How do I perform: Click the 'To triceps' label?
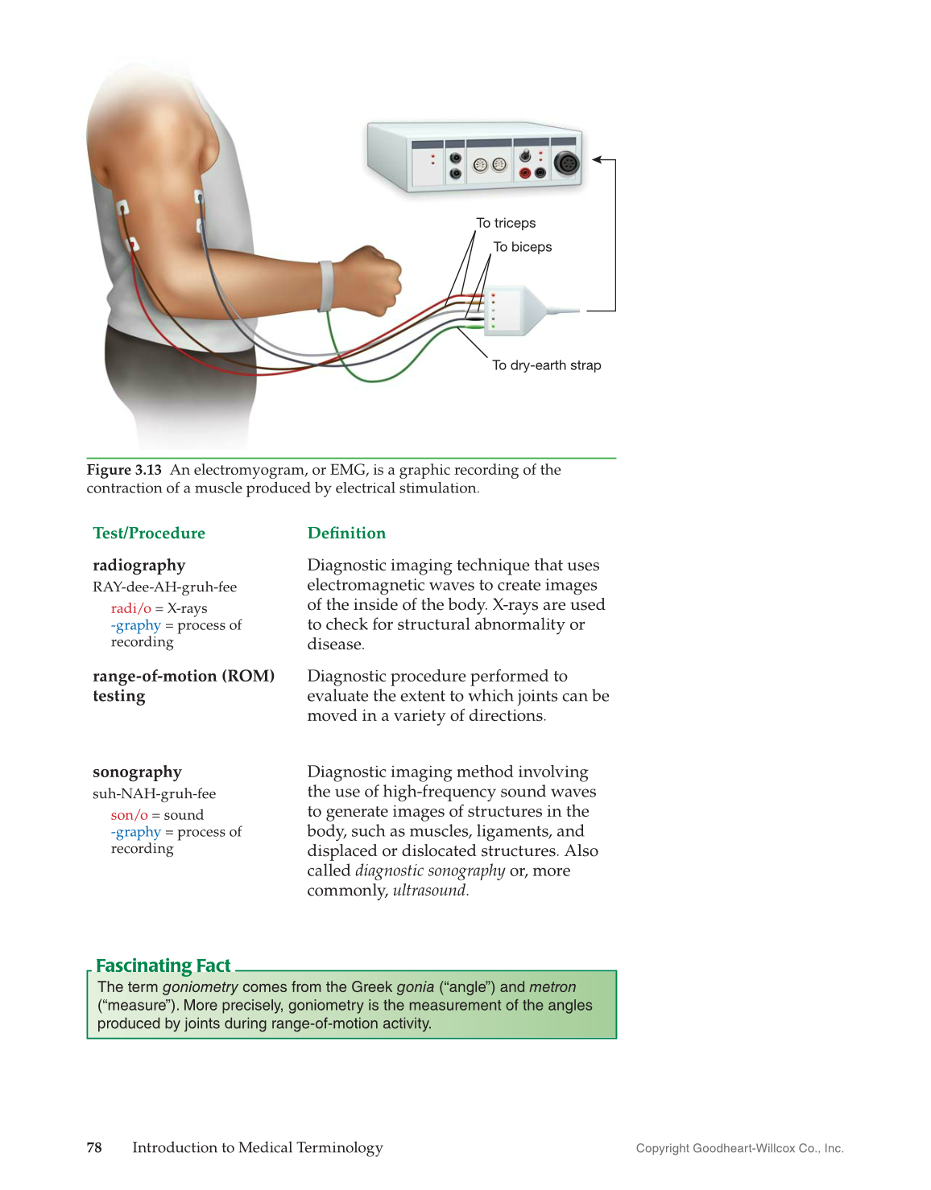(506, 223)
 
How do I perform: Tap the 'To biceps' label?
(522, 247)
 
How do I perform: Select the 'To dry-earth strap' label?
(546, 365)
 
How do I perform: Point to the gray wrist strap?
(326, 286)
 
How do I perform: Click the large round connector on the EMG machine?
(566, 163)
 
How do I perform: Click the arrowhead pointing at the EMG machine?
(598, 159)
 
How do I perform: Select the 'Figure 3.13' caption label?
(124, 470)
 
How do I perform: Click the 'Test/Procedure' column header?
(149, 533)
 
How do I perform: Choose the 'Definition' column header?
(346, 533)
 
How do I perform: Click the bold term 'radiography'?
(139, 565)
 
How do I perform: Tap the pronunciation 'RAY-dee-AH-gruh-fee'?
(164, 587)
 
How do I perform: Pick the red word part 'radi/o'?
(130, 608)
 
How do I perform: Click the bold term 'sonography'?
(137, 772)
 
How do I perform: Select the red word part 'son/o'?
(129, 815)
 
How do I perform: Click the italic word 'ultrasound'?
(429, 891)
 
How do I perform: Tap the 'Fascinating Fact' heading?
(163, 966)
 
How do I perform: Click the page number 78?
(94, 1147)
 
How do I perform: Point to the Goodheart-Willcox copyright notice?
(739, 1148)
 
